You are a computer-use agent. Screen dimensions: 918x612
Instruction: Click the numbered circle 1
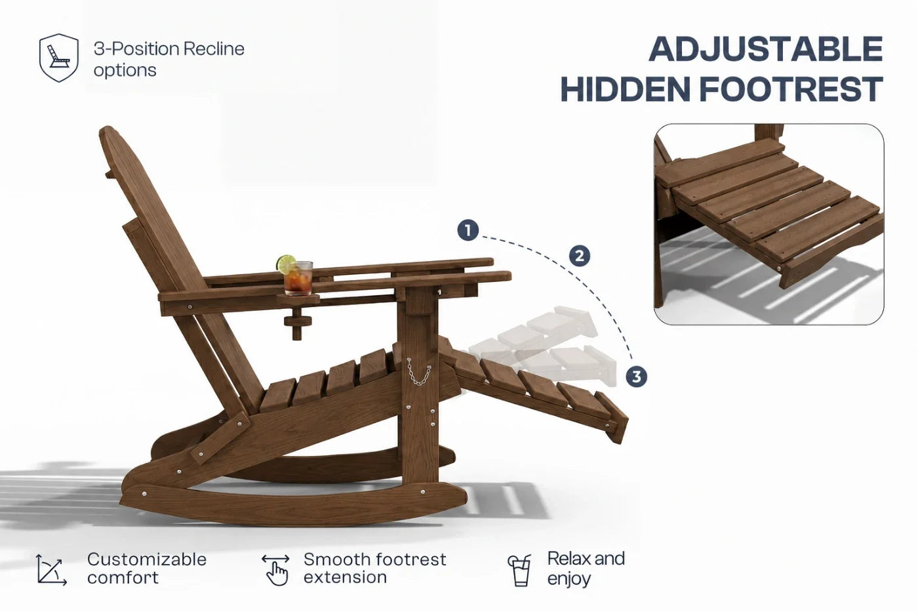(468, 230)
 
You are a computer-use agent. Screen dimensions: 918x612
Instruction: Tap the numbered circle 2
(580, 256)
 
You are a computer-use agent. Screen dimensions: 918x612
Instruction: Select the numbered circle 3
(636, 377)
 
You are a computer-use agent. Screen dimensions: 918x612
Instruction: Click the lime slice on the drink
(286, 263)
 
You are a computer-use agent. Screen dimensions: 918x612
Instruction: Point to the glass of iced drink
(298, 278)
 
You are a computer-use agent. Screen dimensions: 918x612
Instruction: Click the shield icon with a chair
(58, 58)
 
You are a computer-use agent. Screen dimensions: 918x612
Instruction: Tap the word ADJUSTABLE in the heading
(766, 49)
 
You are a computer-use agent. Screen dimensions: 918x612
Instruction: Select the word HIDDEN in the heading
(626, 89)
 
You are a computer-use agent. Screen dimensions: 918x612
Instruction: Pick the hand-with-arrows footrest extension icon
(276, 569)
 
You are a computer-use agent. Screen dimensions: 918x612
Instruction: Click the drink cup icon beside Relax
(519, 570)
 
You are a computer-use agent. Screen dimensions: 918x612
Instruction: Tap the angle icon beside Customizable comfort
(51, 569)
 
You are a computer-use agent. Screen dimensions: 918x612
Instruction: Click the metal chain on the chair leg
(418, 371)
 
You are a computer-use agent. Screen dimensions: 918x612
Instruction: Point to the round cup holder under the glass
(298, 299)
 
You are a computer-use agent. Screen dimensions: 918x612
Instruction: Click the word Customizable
(147, 560)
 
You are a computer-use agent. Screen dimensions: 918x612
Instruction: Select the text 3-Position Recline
(169, 49)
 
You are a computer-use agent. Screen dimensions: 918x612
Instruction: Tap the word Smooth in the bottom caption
(337, 560)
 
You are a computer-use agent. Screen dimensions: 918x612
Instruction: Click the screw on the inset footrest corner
(778, 268)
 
